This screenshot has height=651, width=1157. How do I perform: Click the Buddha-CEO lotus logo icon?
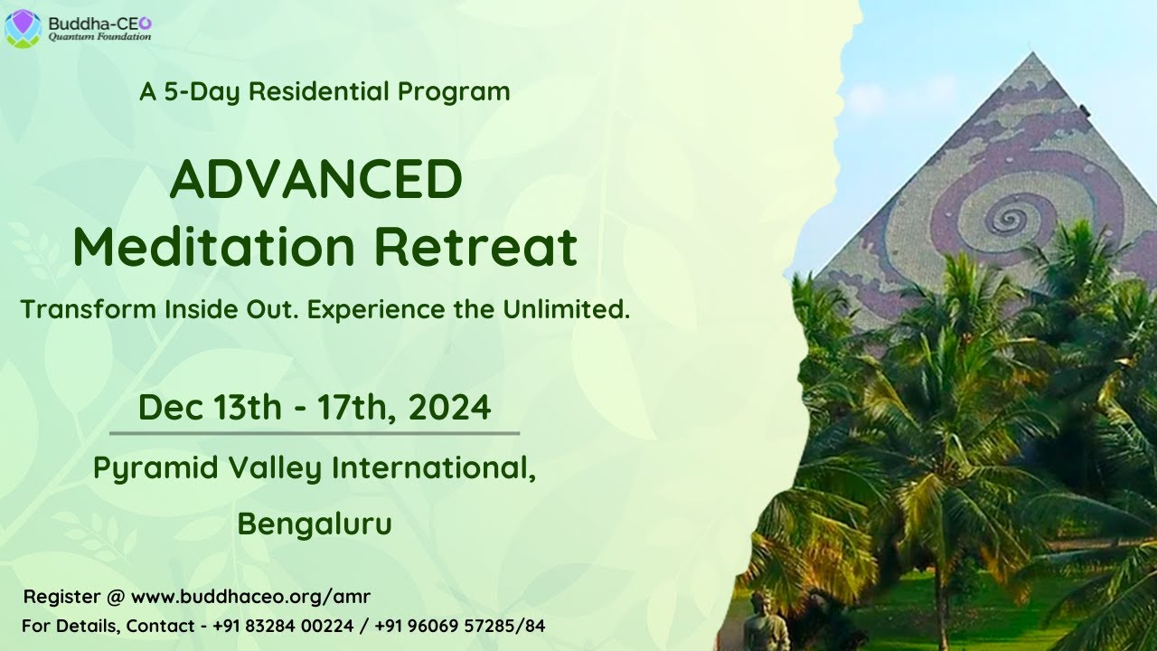(24, 28)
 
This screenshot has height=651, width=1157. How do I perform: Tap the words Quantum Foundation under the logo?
(99, 37)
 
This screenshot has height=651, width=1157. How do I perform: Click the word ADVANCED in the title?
(316, 179)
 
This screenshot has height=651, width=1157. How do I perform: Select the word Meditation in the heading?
(214, 247)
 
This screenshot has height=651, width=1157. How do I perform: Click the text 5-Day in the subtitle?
(202, 92)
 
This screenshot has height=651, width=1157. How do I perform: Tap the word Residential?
(319, 91)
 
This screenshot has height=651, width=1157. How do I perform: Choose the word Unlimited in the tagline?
(567, 309)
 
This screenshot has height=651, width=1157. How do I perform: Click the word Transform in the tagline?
(89, 309)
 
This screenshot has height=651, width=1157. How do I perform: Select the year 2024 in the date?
(449, 407)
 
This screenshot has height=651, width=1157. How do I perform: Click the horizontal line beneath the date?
(315, 433)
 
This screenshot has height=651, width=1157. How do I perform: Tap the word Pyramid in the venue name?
(155, 468)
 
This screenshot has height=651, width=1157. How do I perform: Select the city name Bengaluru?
(315, 524)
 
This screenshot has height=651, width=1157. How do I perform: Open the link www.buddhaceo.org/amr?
(251, 597)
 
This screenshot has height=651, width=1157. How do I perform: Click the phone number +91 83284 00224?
(283, 626)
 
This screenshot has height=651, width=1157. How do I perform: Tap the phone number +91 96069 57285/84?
(460, 626)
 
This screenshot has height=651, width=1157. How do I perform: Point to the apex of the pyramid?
(1032, 52)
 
